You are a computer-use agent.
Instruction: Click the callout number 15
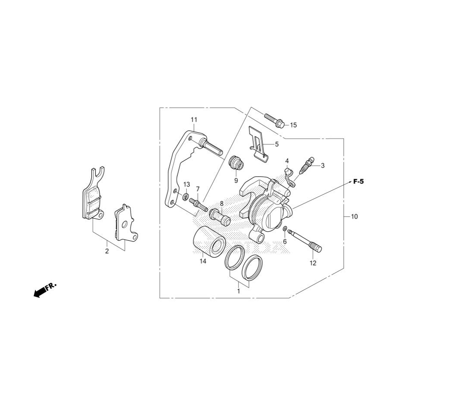coord(293,125)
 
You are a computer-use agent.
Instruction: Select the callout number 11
coord(194,119)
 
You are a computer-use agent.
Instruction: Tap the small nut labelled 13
coord(186,197)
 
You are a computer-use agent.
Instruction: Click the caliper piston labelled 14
coord(209,242)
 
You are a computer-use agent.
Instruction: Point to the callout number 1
coord(238,291)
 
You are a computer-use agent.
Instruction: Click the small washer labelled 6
coord(285,229)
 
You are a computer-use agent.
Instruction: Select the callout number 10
coord(355,216)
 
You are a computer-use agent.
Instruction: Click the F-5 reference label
coord(359,181)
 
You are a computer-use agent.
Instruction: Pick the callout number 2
coord(107,252)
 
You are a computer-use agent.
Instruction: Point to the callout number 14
coord(203,261)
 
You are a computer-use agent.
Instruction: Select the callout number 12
coord(313,263)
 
